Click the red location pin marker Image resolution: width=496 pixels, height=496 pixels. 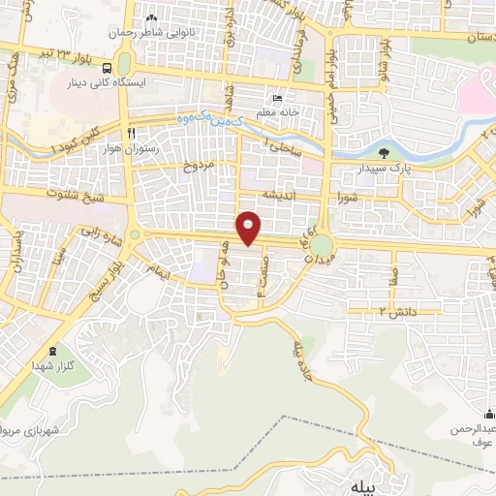coord(250,227)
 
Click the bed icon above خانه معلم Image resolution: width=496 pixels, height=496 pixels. coord(277,99)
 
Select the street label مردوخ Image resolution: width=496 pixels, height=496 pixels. coord(198,166)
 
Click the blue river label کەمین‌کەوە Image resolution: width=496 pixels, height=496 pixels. coord(205,119)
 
